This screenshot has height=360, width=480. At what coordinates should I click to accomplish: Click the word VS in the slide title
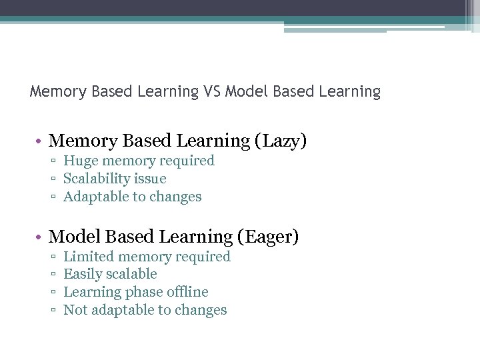213,91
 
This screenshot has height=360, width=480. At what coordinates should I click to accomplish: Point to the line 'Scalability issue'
115,179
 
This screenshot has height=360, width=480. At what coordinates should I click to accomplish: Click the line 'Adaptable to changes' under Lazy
132,197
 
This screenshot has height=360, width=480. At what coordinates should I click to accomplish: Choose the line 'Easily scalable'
110,274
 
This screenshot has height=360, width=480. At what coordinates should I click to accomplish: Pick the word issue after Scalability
151,179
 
